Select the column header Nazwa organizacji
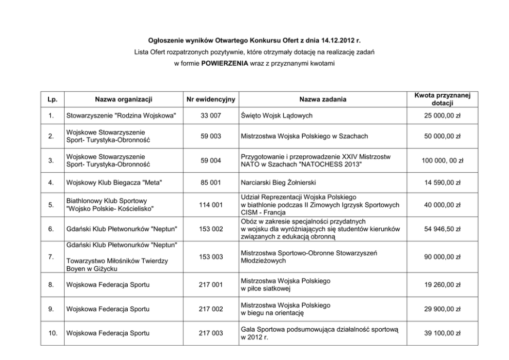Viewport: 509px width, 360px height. (123, 99)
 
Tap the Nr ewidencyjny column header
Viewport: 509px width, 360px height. (210, 99)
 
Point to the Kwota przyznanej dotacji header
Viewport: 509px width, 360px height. (442, 99)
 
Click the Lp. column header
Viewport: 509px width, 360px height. (51, 99)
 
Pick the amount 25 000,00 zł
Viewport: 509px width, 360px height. (442, 116)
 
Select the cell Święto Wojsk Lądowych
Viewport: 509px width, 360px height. (277, 116)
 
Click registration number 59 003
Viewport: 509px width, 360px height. (210, 136)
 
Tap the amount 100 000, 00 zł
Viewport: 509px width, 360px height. (442, 161)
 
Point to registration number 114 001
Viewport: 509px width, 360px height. (210, 205)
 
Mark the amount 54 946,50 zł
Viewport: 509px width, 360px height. (442, 229)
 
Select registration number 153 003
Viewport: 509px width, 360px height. (210, 256)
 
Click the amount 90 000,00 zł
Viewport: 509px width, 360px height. (442, 256)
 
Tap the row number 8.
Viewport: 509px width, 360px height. (51, 285)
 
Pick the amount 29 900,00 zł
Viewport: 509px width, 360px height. (442, 309)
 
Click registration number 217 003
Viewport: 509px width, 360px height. (210, 333)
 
